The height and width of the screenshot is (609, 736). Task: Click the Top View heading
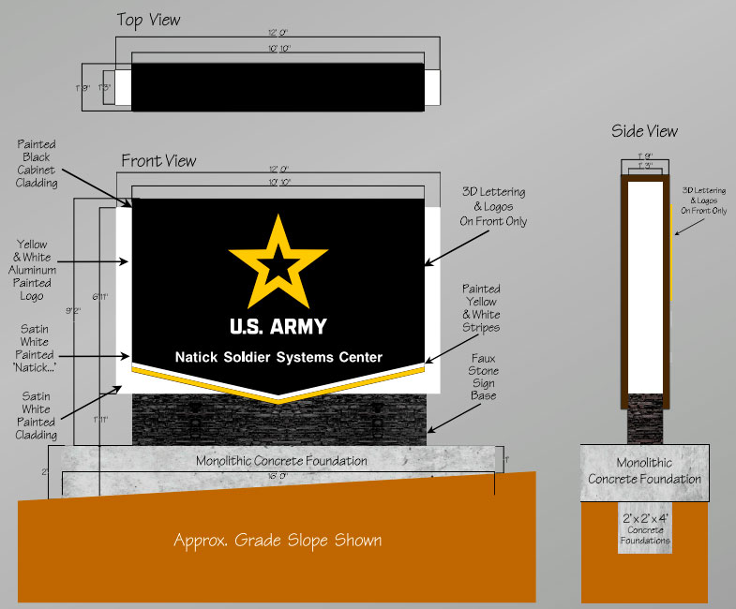(148, 20)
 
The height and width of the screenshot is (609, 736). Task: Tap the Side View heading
(644, 131)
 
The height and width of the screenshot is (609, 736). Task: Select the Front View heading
(158, 161)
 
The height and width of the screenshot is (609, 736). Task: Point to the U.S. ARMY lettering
(278, 327)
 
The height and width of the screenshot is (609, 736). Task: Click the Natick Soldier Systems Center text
(278, 357)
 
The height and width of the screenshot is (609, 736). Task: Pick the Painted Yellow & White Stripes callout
(480, 309)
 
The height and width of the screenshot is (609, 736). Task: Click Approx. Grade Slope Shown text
(278, 541)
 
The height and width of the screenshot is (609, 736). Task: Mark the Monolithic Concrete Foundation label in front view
(281, 461)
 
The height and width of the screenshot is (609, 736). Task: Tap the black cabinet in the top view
(278, 87)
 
